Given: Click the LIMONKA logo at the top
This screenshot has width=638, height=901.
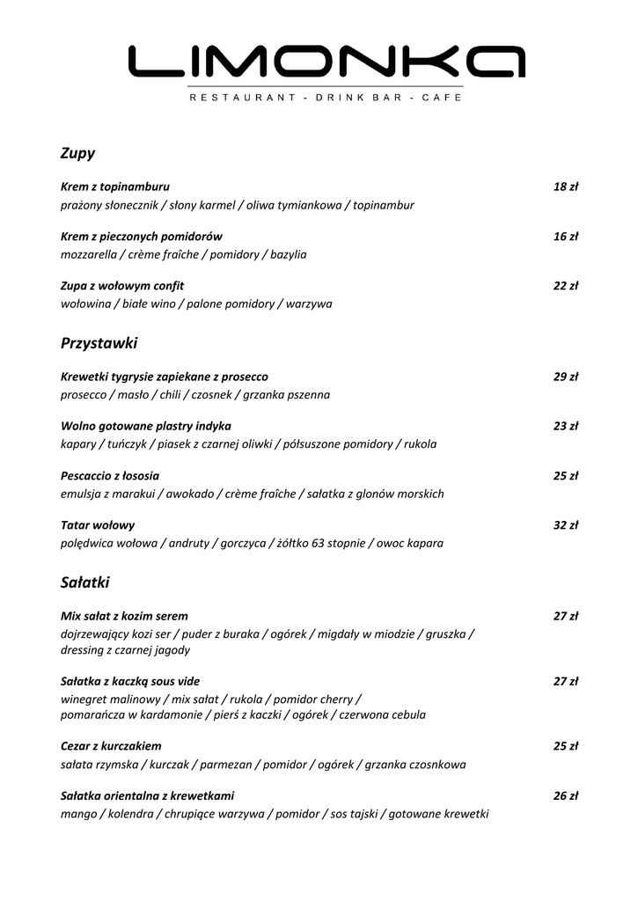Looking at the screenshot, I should (x=326, y=62).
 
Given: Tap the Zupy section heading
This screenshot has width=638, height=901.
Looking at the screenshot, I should (x=77, y=154).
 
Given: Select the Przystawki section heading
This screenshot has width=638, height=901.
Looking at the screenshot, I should (x=99, y=343).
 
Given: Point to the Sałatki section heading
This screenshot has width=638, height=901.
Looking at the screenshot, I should (x=84, y=582).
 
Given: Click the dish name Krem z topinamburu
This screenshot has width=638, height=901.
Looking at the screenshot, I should (x=115, y=187).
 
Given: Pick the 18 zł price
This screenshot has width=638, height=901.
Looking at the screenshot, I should (x=565, y=187).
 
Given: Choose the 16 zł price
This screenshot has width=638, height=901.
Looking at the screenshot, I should (x=565, y=237).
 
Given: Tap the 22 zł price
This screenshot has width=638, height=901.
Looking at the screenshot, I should (x=565, y=286).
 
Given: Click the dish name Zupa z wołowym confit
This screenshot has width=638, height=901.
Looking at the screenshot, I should (x=122, y=286).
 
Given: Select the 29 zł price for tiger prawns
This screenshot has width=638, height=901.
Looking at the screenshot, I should (x=565, y=377).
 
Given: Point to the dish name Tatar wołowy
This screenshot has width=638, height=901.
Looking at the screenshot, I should (x=98, y=525).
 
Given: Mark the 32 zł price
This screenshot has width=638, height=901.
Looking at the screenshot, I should (x=565, y=525).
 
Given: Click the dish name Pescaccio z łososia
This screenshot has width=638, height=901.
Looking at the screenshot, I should (x=110, y=476).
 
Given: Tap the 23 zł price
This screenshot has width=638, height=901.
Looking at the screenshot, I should (x=565, y=427).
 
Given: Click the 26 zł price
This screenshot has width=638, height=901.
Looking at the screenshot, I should (x=565, y=796).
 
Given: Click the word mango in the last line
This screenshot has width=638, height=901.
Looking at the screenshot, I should (x=78, y=815).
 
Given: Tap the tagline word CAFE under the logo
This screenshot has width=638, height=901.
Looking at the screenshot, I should (x=442, y=98).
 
